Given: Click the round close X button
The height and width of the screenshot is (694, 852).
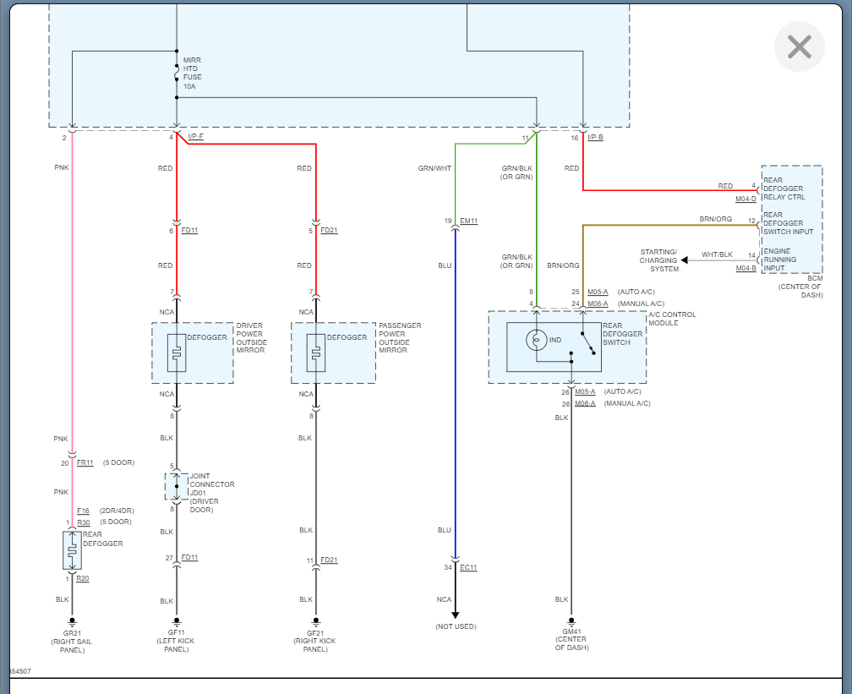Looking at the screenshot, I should click(799, 46).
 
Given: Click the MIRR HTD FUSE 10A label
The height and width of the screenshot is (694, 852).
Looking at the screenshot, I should click(193, 74).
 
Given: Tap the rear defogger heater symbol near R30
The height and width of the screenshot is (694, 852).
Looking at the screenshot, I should click(71, 550).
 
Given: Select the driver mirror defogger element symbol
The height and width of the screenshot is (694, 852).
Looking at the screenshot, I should click(177, 352).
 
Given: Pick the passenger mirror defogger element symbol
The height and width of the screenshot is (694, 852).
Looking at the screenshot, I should click(316, 352).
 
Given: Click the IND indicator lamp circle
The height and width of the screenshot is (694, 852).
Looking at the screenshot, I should click(538, 340).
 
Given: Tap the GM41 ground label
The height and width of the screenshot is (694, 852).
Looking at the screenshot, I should click(571, 631).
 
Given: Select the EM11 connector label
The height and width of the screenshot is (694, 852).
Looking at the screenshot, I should click(468, 221).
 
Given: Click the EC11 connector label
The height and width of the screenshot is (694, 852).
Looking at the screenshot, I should click(467, 567).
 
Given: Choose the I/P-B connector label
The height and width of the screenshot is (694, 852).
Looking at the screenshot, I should click(595, 137).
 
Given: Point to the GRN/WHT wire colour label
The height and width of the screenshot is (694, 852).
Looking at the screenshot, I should click(434, 168).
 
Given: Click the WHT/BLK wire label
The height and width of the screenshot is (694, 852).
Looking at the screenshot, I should click(717, 254).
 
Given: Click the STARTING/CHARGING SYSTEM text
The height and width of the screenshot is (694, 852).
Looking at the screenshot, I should click(659, 260).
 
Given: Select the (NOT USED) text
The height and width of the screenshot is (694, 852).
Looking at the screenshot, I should click(456, 626).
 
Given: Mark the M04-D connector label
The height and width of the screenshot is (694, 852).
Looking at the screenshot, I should click(745, 199).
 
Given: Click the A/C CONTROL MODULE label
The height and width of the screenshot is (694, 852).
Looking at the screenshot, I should click(672, 319).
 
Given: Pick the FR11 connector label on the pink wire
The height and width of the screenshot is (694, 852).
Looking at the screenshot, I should click(85, 462).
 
